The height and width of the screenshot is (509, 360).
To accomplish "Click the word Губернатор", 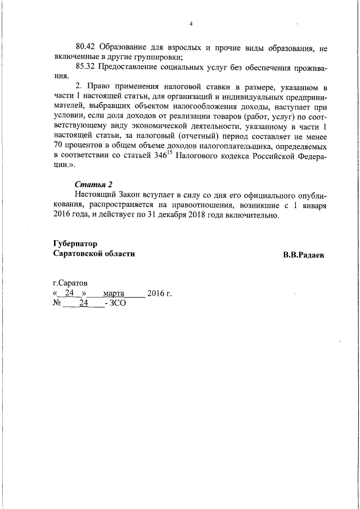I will coord(75,244).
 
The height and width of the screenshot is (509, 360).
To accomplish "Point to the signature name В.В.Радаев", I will coord(304,255).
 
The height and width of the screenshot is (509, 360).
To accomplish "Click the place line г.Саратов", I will coord(70,283).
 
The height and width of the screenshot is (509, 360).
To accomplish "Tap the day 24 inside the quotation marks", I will coord(70,293).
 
